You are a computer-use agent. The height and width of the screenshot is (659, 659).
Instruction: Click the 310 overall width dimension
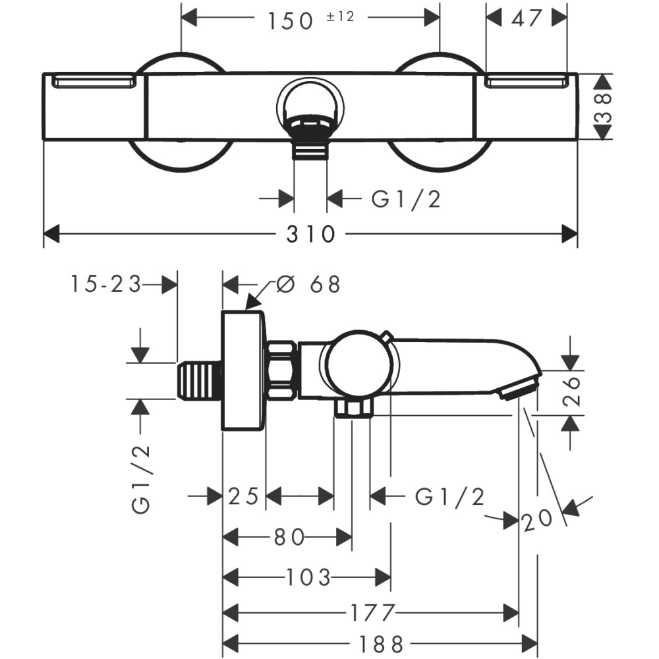(310, 234)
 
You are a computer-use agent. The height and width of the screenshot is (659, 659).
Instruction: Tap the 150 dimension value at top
(291, 21)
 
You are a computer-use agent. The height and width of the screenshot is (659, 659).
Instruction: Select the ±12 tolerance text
(341, 16)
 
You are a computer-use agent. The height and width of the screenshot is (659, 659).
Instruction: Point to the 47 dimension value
(526, 18)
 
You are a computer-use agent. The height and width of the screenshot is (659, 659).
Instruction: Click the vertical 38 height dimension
(603, 107)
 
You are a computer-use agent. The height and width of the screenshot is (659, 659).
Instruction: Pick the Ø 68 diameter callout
(308, 285)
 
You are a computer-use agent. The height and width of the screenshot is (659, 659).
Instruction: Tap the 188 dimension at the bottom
(381, 643)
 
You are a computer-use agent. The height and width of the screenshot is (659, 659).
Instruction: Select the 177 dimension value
(372, 613)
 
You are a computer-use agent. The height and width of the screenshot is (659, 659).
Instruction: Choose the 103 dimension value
(308, 577)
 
